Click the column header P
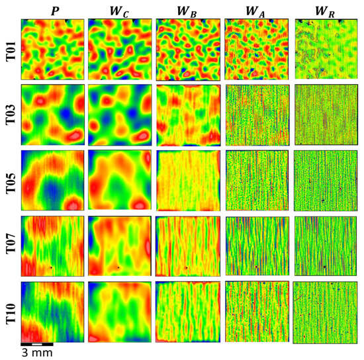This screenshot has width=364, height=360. pyautogui.click(x=53, y=10)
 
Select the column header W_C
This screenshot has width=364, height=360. pyautogui.click(x=119, y=10)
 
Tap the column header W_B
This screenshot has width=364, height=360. pyautogui.click(x=187, y=10)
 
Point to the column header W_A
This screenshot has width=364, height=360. pyautogui.click(x=256, y=10)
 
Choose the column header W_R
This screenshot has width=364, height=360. pyautogui.click(x=324, y=10)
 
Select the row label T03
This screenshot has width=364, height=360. pyautogui.click(x=9, y=114)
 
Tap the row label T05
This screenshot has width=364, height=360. pyautogui.click(x=9, y=180)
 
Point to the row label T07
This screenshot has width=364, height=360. pyautogui.click(x=9, y=246)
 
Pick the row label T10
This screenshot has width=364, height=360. pyautogui.click(x=9, y=311)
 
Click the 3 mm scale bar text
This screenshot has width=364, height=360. pyautogui.click(x=31, y=353)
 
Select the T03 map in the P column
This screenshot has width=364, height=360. pyautogui.click(x=52, y=114)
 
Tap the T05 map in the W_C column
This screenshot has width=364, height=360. pyautogui.click(x=119, y=180)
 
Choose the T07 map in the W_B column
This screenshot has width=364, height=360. pyautogui.click(x=187, y=246)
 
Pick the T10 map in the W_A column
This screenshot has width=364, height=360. pyautogui.click(x=256, y=311)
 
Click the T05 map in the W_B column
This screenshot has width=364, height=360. pyautogui.click(x=187, y=180)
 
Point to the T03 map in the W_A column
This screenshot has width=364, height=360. pyautogui.click(x=256, y=114)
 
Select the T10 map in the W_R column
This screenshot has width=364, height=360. pyautogui.click(x=324, y=312)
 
